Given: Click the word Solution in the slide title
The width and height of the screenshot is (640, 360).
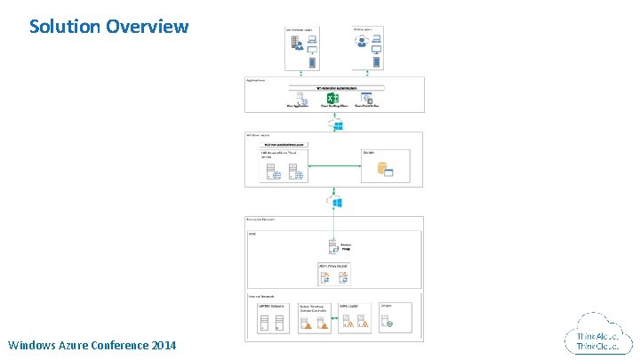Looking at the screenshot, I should [x=64, y=26].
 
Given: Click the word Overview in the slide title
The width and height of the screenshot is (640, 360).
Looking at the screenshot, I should [x=147, y=26].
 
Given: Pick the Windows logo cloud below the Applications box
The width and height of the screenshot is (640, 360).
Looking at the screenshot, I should [x=338, y=124].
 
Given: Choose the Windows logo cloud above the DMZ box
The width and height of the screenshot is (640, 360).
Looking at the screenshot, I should [x=338, y=203].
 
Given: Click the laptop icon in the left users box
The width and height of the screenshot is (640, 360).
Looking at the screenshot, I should [x=312, y=40].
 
